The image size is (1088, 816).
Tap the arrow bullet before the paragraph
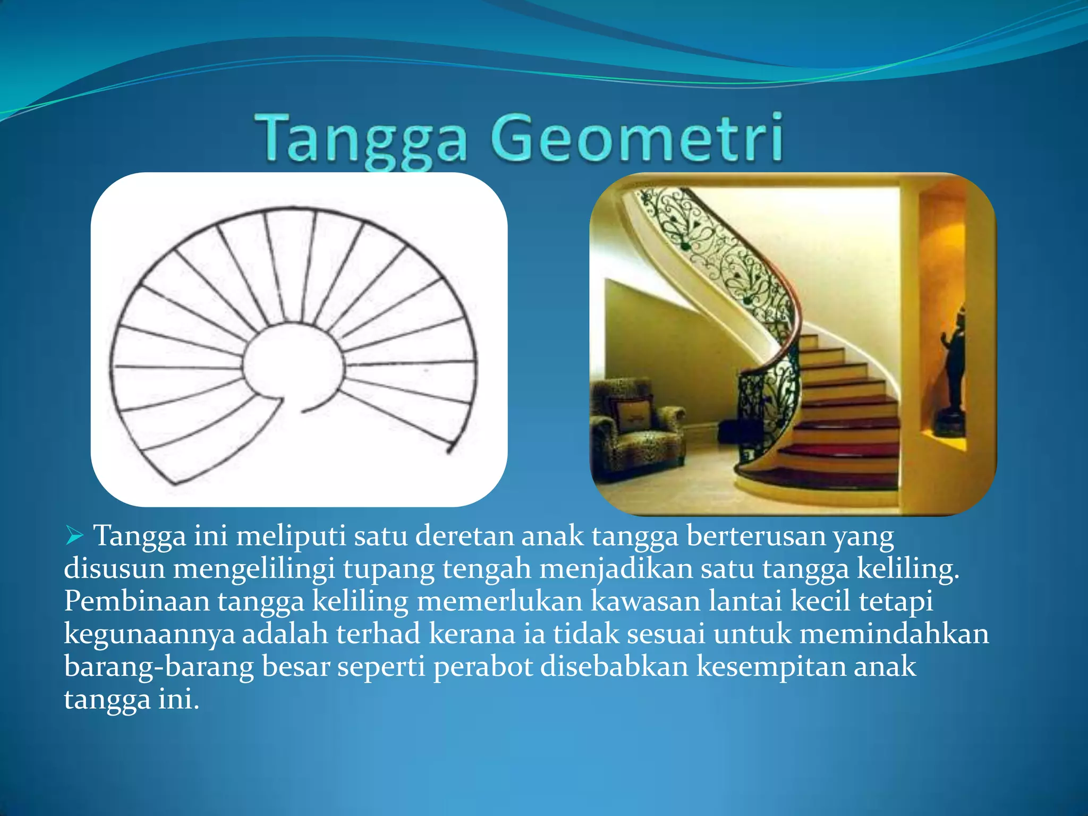(x=75, y=535)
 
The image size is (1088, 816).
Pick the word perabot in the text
(x=483, y=667)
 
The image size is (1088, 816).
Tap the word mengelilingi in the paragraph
(x=254, y=569)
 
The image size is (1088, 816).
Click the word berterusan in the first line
(x=755, y=535)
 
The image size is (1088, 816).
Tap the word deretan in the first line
(x=464, y=535)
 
